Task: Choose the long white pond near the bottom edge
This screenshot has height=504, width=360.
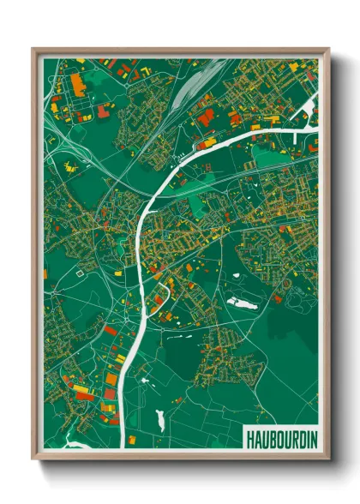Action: tap(160, 419)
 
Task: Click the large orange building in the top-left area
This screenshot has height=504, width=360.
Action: tap(75, 83)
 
